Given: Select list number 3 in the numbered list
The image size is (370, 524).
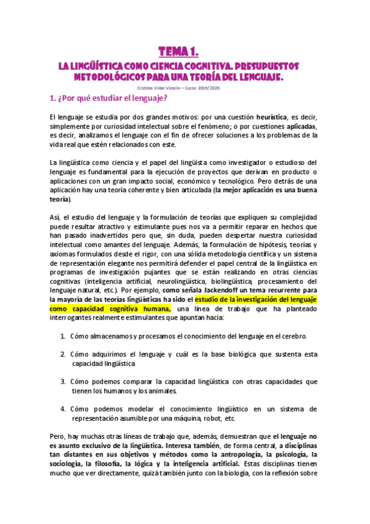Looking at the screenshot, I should click(x=63, y=381).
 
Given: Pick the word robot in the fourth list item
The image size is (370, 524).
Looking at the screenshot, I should click(x=214, y=418).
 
